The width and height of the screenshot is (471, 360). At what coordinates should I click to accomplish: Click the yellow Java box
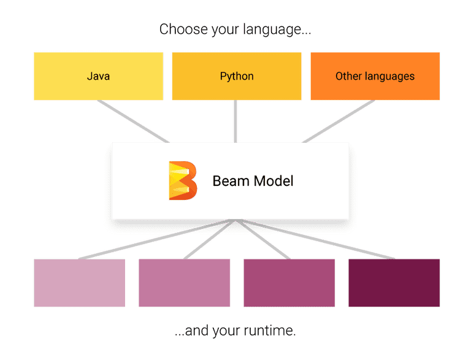pos(98,76)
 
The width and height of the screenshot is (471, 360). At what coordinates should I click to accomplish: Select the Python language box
pos(236,76)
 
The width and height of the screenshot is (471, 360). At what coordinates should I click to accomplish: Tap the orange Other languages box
pos(375,76)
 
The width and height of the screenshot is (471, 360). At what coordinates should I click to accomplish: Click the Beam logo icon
pos(182,180)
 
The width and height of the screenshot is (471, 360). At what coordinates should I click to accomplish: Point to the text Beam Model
pos(253,181)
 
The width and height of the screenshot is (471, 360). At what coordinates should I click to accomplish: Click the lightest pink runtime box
pos(79,282)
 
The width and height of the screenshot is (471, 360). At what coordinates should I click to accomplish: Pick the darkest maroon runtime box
pos(394,282)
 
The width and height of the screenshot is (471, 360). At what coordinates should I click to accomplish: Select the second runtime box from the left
pos(185,282)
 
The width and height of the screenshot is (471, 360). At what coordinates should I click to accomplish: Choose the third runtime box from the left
pos(289,282)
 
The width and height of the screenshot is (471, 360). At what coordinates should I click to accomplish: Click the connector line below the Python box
pos(236,121)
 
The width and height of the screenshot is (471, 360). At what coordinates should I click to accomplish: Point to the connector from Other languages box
pos(339,121)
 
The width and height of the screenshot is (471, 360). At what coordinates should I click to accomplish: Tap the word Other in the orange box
pos(348,76)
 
